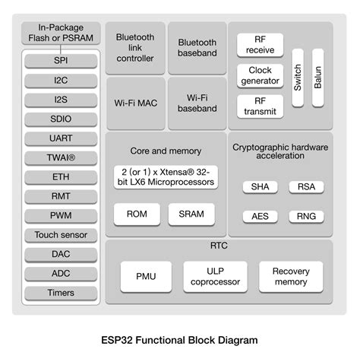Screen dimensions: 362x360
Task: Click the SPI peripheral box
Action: click(x=60, y=60)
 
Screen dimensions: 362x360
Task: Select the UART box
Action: click(x=60, y=138)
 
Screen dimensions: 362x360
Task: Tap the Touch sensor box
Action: click(x=60, y=235)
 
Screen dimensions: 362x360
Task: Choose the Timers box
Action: click(x=60, y=293)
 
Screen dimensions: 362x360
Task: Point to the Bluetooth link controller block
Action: click(x=135, y=47)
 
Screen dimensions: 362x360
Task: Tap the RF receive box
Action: click(x=260, y=45)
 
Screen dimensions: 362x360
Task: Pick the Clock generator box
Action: click(x=260, y=75)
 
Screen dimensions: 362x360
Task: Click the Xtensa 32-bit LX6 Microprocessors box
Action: click(x=165, y=176)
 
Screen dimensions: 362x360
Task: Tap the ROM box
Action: click(x=136, y=214)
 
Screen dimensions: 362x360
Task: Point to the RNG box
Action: click(x=305, y=216)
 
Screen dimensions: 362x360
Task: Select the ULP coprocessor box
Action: click(x=215, y=276)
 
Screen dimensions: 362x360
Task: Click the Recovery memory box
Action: click(x=291, y=276)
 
